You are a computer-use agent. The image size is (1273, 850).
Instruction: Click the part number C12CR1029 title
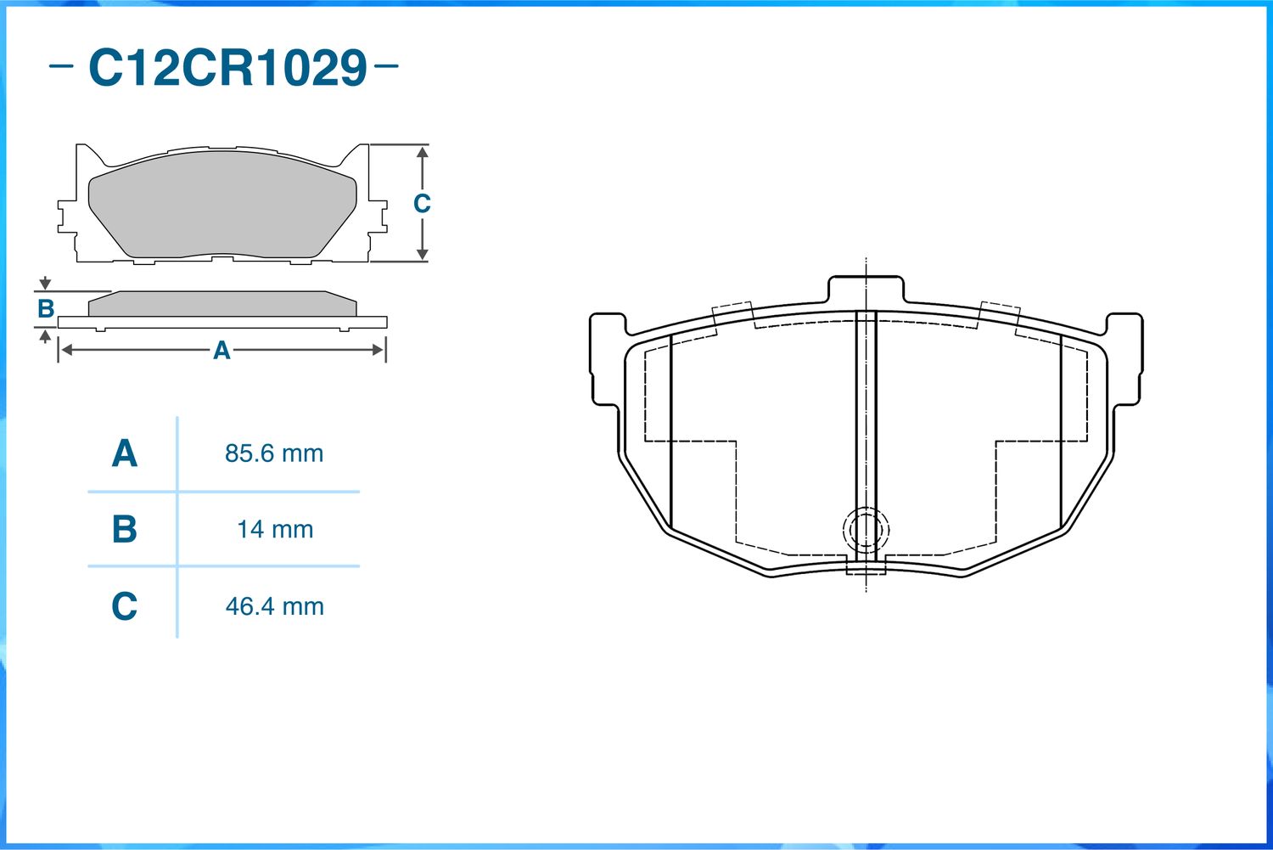tap(227, 68)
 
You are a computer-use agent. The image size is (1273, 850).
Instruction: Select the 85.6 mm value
tap(274, 453)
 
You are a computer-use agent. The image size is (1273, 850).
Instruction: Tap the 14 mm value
tap(275, 530)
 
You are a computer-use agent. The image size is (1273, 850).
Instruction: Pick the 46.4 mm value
tap(274, 606)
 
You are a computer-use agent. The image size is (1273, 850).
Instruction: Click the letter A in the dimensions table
tap(125, 453)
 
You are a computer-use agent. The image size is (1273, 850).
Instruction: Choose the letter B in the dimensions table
tap(125, 530)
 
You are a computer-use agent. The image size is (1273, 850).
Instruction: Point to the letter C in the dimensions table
tap(125, 606)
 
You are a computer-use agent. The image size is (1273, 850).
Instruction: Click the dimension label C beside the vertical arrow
tap(422, 204)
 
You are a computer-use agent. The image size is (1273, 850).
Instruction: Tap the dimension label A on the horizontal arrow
tap(222, 350)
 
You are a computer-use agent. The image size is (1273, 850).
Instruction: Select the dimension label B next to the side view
tap(46, 309)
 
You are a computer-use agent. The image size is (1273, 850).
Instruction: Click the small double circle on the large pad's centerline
tap(866, 531)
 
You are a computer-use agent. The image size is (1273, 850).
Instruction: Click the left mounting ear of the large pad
tap(607, 359)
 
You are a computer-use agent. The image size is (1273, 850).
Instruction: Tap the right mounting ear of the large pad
tap(1125, 359)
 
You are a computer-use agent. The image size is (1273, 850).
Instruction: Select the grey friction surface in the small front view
tap(222, 204)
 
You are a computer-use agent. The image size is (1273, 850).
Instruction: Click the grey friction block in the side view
tap(222, 304)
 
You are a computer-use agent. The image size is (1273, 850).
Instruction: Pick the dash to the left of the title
tap(61, 65)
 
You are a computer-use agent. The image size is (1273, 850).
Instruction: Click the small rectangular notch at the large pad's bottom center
tap(866, 566)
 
